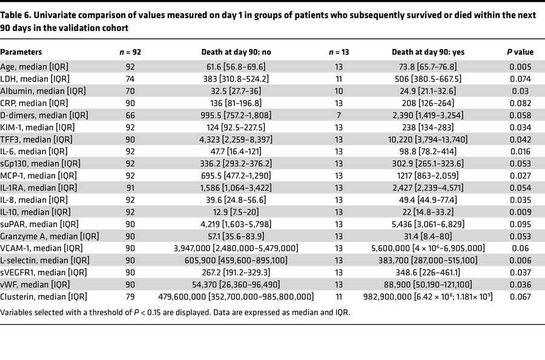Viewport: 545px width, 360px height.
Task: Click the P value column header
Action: pyautogui.click(x=518, y=53)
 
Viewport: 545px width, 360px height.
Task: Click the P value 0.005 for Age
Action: pyautogui.click(x=518, y=66)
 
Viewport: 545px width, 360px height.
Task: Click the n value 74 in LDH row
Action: pyautogui.click(x=130, y=78)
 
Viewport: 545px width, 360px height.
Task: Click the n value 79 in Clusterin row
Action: pyautogui.click(x=130, y=296)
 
